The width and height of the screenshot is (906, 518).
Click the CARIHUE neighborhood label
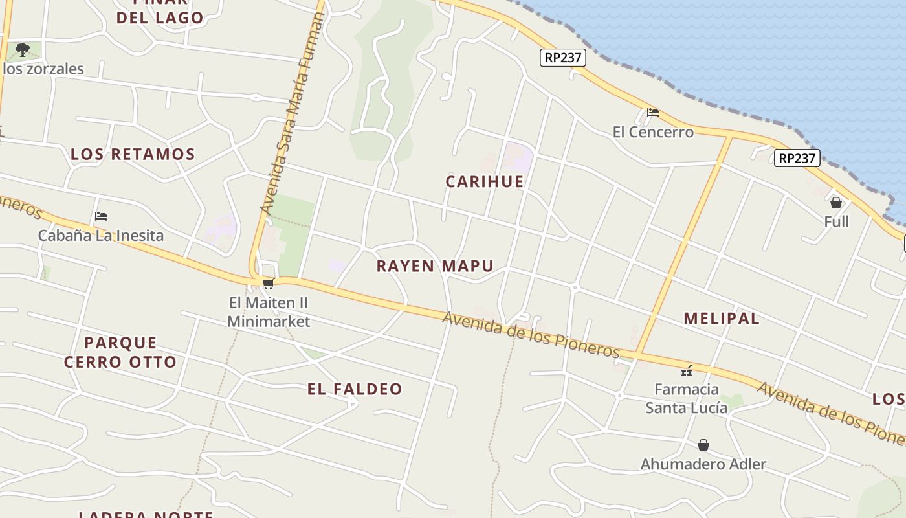pos(484,182)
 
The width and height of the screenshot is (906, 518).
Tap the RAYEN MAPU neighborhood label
pos(435,266)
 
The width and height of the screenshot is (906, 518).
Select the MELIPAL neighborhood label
pos(722,319)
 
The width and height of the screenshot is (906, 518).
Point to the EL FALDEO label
pos(355,389)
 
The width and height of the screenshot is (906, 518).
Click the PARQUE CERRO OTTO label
pos(120,352)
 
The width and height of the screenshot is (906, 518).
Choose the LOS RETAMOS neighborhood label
pos(133,155)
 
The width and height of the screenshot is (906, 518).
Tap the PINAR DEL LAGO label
pos(160,13)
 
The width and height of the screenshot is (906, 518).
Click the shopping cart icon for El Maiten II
pos(268,284)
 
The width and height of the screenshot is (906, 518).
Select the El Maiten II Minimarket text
pos(269,312)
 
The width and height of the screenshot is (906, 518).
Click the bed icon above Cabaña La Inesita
pos(100,216)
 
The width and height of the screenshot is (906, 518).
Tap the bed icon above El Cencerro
pos(653,113)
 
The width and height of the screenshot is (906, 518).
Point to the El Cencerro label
pos(653,133)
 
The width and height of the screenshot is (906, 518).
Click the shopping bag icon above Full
pos(836,203)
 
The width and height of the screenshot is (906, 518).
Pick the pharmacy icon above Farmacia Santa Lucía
pos(687,371)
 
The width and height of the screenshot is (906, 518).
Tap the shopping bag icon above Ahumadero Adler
pos(703,445)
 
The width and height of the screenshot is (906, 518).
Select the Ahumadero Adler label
pos(703,464)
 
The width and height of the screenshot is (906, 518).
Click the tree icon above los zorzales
pos(23,49)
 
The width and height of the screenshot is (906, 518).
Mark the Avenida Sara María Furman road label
pos(292,113)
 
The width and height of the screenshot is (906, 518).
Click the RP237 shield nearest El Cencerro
pos(563,58)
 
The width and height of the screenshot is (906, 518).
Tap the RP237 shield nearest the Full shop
pos(797,158)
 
